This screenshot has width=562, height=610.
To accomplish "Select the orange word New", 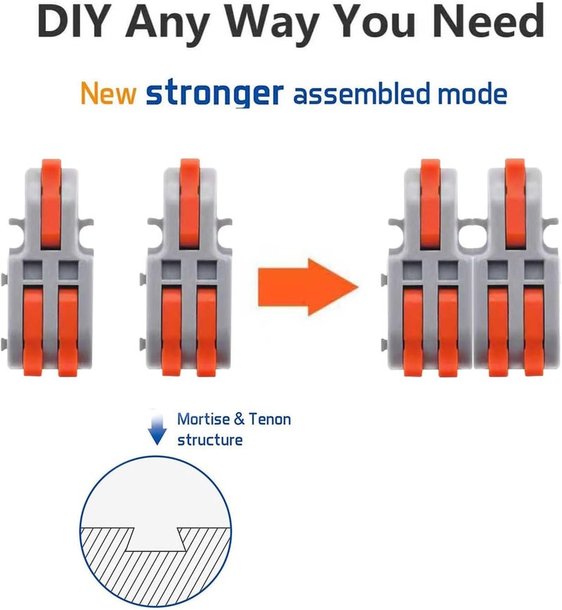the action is click(x=108, y=93).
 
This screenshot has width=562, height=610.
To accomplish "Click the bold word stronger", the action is click(x=215, y=93).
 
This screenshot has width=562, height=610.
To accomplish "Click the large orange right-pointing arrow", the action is click(x=308, y=287).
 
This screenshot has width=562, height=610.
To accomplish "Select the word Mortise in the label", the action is click(x=204, y=419).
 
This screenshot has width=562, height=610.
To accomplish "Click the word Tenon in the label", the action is click(x=270, y=420).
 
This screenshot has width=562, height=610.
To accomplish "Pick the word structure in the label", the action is click(x=210, y=440).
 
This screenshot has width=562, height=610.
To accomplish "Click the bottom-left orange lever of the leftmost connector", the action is click(x=33, y=331).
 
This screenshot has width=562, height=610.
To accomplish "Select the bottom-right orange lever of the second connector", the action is click(x=206, y=332).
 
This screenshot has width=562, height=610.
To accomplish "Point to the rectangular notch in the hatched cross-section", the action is click(x=155, y=540).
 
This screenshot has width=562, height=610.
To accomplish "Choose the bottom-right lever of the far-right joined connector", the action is click(x=534, y=332).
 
